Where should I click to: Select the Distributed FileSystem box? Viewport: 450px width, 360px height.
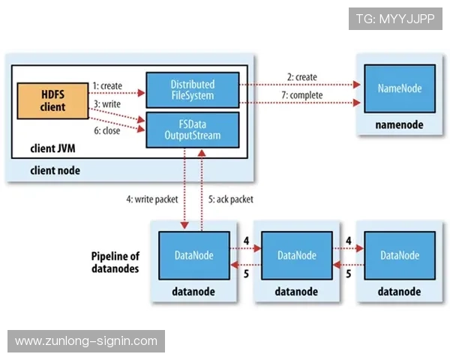pyautogui.click(x=192, y=90)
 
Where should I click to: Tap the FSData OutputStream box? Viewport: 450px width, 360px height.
pyautogui.click(x=192, y=129)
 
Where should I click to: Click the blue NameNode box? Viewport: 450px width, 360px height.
pyautogui.click(x=400, y=88)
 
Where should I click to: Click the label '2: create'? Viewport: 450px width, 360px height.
pyautogui.click(x=301, y=77)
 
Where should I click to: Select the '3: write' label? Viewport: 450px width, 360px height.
pyautogui.click(x=106, y=102)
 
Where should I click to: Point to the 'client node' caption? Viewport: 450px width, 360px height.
pyautogui.click(x=55, y=170)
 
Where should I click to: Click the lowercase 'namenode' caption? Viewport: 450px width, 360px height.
pyautogui.click(x=400, y=125)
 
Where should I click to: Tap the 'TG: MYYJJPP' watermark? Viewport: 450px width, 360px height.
pyautogui.click(x=394, y=19)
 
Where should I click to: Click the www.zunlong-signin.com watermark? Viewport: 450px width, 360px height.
pyautogui.click(x=86, y=341)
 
